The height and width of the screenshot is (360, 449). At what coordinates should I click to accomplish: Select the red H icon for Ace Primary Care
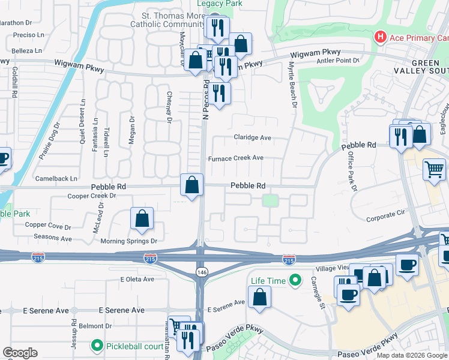[x=379, y=38]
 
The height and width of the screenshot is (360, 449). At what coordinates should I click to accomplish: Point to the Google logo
[x=20, y=353]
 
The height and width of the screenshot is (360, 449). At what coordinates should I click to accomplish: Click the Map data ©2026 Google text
[x=411, y=355]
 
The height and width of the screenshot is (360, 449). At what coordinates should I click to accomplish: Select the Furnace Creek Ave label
[x=235, y=158]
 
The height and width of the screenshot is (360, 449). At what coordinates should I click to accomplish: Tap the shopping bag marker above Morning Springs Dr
[x=142, y=219]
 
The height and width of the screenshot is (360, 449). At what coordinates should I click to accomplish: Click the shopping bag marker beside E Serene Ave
[x=259, y=298]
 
